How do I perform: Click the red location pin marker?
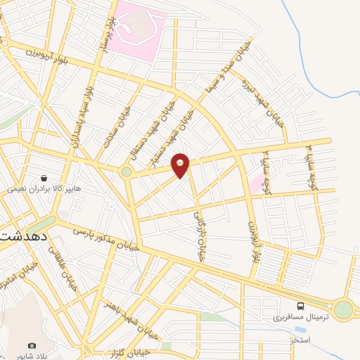pyautogui.click(x=181, y=165)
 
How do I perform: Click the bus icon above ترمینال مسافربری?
pyautogui.click(x=301, y=306)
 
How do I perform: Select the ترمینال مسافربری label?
pyautogui.click(x=300, y=318)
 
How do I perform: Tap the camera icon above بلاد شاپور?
pyautogui.click(x=32, y=345)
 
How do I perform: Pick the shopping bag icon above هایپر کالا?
pyautogui.click(x=44, y=179)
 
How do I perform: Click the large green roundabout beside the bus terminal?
pyautogui.click(x=342, y=309)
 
